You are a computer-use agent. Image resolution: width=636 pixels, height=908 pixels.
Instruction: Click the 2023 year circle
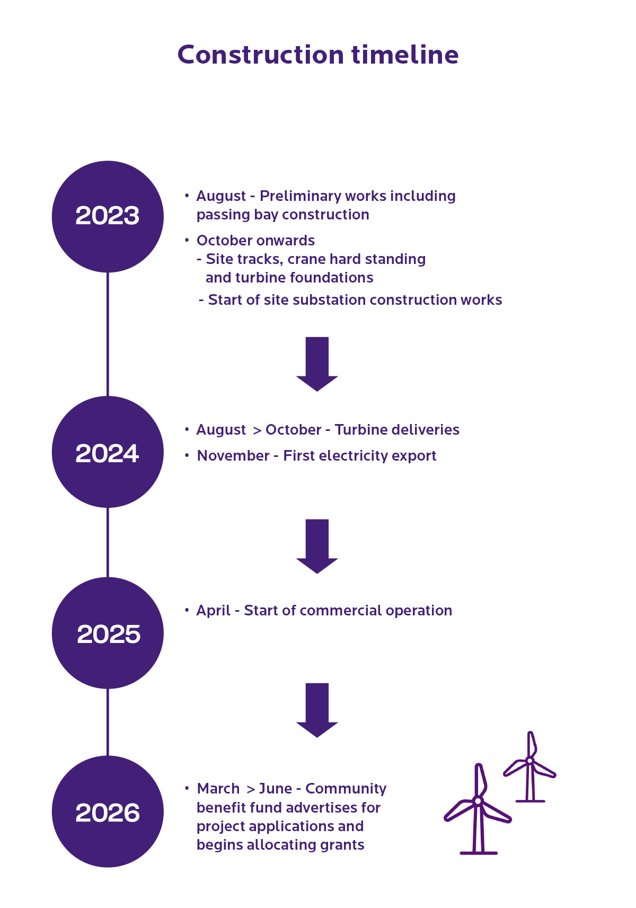click(x=108, y=216)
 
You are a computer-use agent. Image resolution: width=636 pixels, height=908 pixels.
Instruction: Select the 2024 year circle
click(x=108, y=452)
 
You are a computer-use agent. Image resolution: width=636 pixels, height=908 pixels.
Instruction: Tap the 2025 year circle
click(x=108, y=633)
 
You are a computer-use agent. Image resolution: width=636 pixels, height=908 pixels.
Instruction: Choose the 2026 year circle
click(x=108, y=812)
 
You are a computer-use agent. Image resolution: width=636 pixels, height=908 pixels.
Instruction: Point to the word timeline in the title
click(x=405, y=54)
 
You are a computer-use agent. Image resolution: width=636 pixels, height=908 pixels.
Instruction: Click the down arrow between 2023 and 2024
click(x=317, y=364)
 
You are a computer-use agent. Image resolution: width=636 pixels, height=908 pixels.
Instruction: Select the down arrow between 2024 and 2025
click(x=317, y=546)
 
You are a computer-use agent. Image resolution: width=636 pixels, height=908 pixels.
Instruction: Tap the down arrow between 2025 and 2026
click(x=317, y=710)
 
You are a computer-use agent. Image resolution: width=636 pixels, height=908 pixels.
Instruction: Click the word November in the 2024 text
click(x=233, y=456)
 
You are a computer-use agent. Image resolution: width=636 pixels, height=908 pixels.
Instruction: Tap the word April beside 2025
click(x=213, y=611)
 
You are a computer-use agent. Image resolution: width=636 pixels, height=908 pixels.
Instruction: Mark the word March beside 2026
click(x=218, y=788)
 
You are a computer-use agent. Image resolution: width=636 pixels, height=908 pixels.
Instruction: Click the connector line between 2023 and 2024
click(x=108, y=334)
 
